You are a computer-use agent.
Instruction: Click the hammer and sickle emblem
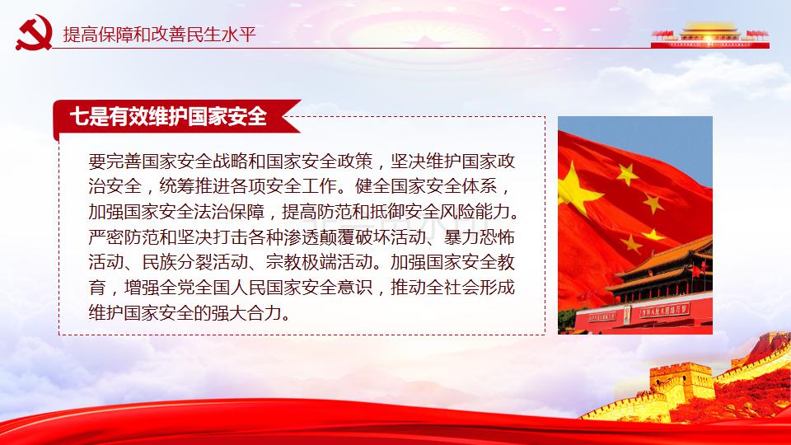(x=34, y=32)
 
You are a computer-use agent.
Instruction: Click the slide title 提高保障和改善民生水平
(x=159, y=35)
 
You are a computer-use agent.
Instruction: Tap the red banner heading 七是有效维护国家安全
(x=168, y=116)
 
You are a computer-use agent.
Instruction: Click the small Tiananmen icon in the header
(x=709, y=35)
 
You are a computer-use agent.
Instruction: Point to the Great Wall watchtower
(x=681, y=383)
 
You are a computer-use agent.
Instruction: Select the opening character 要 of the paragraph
(x=97, y=161)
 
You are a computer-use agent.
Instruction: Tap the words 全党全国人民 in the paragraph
(x=213, y=288)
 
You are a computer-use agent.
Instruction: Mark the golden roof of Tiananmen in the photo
(x=667, y=258)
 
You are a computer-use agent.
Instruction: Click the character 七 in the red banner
(x=79, y=116)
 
